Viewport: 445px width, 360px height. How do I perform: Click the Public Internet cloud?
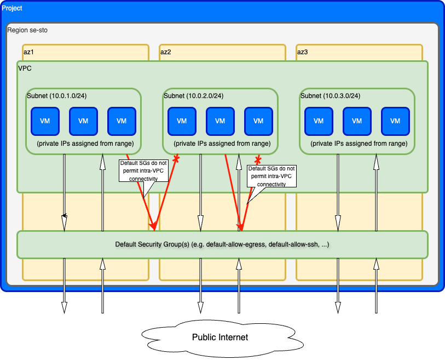(x=219, y=337)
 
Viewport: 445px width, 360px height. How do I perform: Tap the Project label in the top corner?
(x=12, y=9)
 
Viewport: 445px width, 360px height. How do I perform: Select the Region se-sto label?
(x=27, y=30)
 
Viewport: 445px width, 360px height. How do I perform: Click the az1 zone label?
(x=29, y=52)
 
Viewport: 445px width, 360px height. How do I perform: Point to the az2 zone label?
(x=166, y=52)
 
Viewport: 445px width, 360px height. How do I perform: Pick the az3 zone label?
(x=303, y=52)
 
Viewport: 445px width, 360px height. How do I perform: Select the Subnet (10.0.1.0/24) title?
(x=56, y=96)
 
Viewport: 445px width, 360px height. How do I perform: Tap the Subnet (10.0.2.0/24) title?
(x=193, y=96)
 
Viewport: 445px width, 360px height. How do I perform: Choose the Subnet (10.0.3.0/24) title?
(x=330, y=96)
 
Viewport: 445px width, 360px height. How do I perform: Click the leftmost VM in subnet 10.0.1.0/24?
(x=45, y=121)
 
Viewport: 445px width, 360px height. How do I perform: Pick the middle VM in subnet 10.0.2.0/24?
(x=220, y=121)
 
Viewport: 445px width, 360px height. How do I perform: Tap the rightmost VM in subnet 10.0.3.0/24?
(x=395, y=121)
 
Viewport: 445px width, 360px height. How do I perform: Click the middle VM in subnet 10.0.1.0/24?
(x=83, y=121)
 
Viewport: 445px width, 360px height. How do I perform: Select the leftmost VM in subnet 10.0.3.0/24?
(x=319, y=121)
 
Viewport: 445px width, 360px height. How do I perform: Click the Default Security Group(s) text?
(x=222, y=244)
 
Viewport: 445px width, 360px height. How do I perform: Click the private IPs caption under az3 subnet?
(x=359, y=144)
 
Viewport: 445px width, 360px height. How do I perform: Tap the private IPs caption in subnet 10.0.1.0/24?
(x=85, y=144)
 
